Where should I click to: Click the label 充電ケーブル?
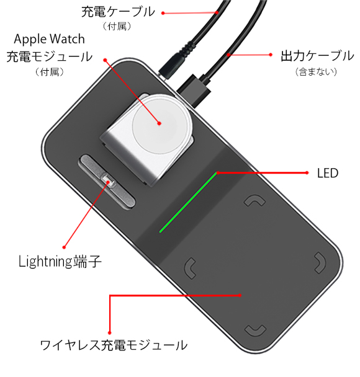[x=118, y=12]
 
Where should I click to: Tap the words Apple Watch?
[x=49, y=39]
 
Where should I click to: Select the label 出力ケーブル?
[x=317, y=56]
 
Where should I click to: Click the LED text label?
[x=328, y=173]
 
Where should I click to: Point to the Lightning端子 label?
[x=60, y=261]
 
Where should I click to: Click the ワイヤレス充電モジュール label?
[x=114, y=345]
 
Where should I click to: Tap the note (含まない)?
[x=316, y=72]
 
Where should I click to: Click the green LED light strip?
[x=188, y=202]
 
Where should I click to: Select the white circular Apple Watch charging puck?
[x=159, y=123]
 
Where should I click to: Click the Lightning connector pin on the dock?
[x=108, y=180]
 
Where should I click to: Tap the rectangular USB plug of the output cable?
[x=194, y=91]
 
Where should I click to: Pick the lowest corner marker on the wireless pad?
[x=255, y=330]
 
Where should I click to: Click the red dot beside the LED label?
[x=307, y=172]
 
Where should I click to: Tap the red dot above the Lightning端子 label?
[x=64, y=247]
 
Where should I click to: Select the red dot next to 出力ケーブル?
[x=271, y=55]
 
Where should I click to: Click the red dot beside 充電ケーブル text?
[x=163, y=13]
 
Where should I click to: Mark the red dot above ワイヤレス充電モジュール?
[x=109, y=333]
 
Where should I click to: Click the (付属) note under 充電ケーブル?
[x=117, y=26]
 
